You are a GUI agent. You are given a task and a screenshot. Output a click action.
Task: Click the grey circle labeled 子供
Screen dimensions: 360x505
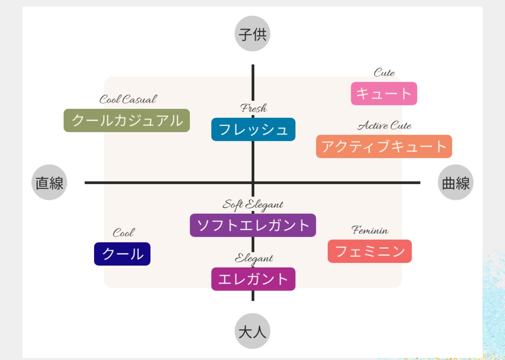coord(252,34)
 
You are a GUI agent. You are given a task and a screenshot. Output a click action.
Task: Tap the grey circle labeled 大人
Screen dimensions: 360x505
coord(252,331)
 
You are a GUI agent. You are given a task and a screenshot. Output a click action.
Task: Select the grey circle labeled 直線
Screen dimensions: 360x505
coord(49,182)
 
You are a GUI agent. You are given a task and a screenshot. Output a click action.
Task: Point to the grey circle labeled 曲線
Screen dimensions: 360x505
coord(456,182)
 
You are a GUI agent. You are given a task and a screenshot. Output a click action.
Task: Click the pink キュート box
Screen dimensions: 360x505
coord(384,94)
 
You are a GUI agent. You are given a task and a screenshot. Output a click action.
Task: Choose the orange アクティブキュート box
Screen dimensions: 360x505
coord(384,146)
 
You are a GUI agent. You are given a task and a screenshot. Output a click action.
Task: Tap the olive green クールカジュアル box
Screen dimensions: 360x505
coord(127,121)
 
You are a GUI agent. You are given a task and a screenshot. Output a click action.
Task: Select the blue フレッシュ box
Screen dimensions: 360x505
coord(253,129)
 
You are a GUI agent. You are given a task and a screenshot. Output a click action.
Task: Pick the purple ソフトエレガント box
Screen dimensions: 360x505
coord(253,225)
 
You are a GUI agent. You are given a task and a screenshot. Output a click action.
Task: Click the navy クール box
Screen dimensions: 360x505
coord(122,254)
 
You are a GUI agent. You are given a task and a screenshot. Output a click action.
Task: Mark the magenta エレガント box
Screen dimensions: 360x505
coord(253,279)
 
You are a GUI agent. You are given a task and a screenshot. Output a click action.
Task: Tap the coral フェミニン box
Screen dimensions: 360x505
coord(370,251)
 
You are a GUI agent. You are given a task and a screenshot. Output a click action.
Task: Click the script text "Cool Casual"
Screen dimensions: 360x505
coord(128,100)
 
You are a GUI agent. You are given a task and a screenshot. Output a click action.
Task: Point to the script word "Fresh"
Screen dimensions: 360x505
coord(254,108)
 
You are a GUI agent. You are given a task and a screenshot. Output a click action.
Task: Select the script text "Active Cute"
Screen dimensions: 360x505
coord(384,126)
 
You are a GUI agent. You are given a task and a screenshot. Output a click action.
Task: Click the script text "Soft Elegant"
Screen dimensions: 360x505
coord(253,205)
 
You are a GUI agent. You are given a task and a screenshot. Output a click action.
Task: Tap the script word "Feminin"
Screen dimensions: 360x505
coord(370,231)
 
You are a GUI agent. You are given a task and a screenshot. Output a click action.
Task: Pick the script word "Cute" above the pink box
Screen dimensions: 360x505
coord(384,73)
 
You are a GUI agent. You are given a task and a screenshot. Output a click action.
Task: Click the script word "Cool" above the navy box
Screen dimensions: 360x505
coord(123,233)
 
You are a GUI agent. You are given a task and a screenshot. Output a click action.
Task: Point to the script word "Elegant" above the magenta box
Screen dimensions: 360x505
coord(254,259)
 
